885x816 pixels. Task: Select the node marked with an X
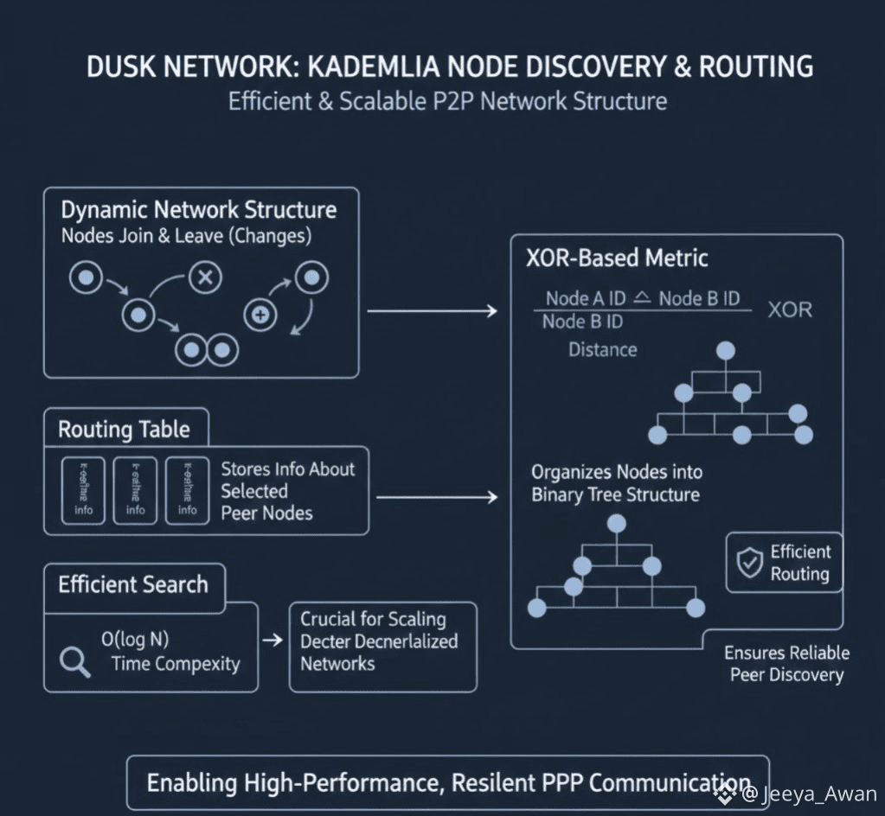pyautogui.click(x=205, y=277)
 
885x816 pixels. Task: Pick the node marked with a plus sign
pyautogui.click(x=259, y=316)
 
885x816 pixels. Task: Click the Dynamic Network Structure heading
pyautogui.click(x=198, y=210)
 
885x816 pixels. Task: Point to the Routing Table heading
pyautogui.click(x=124, y=430)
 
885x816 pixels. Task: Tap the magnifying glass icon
pyautogui.click(x=74, y=661)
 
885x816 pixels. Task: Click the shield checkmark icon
pyautogui.click(x=747, y=563)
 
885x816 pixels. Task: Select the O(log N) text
pyautogui.click(x=135, y=640)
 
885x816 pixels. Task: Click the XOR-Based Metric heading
pyautogui.click(x=617, y=257)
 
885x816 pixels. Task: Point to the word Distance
pyautogui.click(x=602, y=350)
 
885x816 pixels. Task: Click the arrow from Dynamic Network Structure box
pyautogui.click(x=432, y=310)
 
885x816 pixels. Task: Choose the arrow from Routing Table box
pyautogui.click(x=437, y=497)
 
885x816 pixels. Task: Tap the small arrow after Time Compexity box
pyautogui.click(x=272, y=641)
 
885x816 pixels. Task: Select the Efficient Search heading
pyautogui.click(x=133, y=585)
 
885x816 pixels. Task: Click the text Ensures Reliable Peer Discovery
pyautogui.click(x=786, y=664)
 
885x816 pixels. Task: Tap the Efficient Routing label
pyautogui.click(x=799, y=564)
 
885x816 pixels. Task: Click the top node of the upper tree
pyautogui.click(x=726, y=350)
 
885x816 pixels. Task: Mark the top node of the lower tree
pyautogui.click(x=616, y=522)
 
